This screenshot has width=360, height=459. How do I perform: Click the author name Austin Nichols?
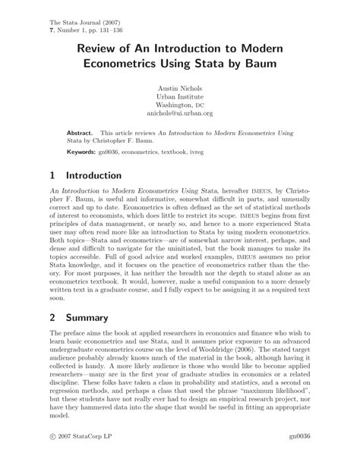(179, 88)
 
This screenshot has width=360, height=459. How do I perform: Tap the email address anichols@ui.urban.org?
(179, 114)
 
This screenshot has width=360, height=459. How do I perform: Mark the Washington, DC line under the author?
(179, 105)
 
